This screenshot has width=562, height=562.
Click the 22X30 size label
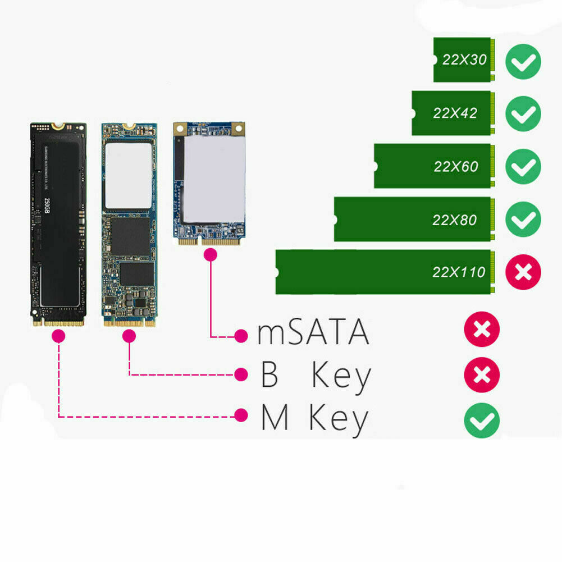[464, 60]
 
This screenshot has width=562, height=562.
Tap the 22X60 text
[455, 167]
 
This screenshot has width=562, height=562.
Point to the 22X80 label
[454, 220]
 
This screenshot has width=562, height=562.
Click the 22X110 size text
[459, 273]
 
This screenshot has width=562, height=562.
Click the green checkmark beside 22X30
[523, 61]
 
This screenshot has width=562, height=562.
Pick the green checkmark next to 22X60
[523, 167]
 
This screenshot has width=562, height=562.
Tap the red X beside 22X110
[523, 273]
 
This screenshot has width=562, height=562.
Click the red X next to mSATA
[482, 329]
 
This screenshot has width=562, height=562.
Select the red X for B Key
[482, 374]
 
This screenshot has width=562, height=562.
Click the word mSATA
[313, 333]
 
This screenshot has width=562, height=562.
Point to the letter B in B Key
[270, 376]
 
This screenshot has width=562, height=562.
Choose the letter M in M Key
[275, 419]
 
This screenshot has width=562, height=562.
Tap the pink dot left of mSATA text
[241, 336]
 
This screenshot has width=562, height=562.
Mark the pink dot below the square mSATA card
[211, 255]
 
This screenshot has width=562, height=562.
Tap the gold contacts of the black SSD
[58, 323]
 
